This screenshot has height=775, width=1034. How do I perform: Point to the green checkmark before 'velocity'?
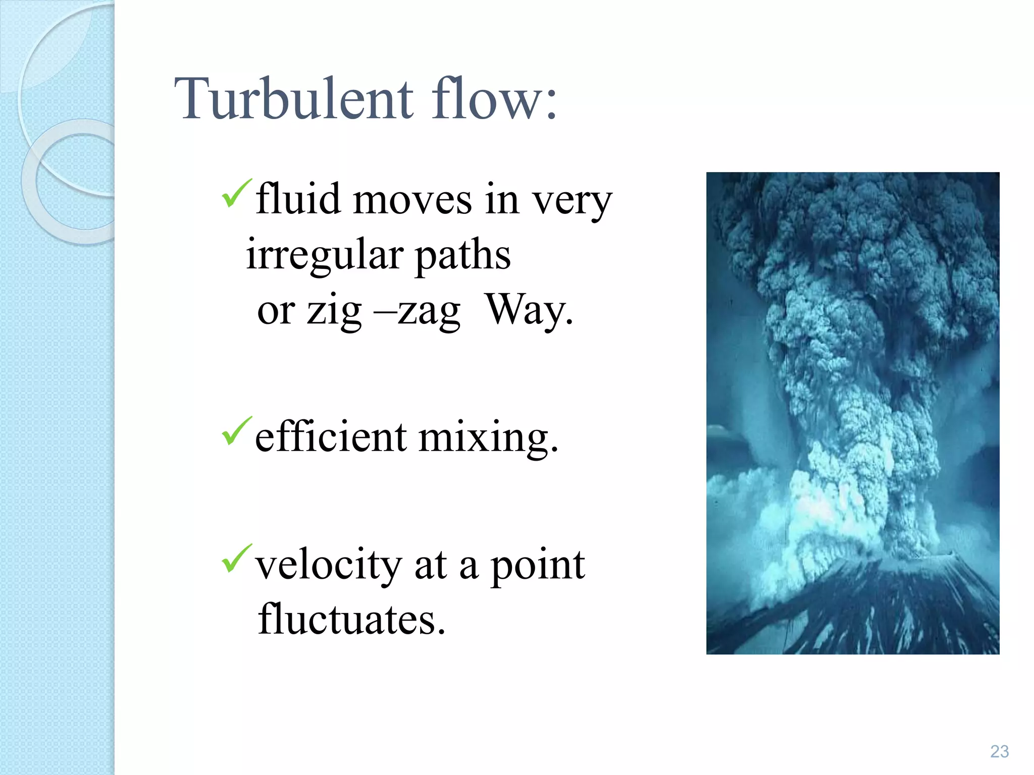236,559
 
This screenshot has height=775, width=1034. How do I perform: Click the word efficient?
331,436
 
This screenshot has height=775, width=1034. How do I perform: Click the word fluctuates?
351,619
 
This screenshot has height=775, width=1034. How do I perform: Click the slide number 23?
999,751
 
